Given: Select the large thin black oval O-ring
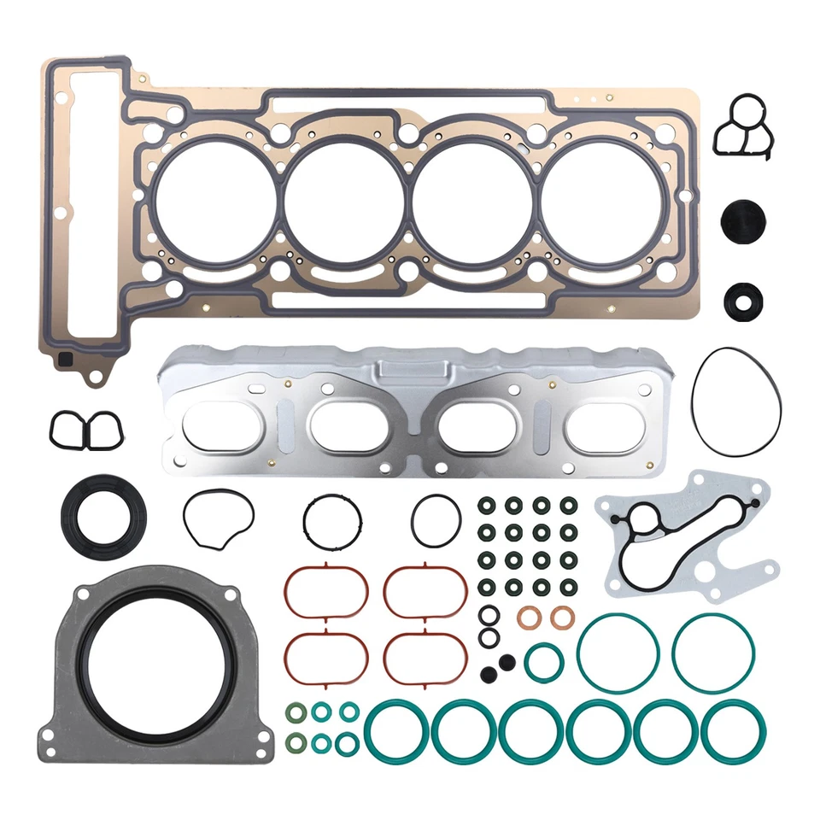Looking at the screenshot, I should click(x=737, y=401).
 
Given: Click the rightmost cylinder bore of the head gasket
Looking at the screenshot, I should click(x=600, y=202).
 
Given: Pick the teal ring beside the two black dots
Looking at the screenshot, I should click(x=543, y=663).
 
